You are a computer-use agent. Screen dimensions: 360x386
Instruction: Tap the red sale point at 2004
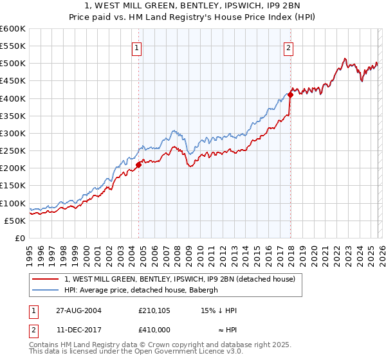tap(138, 165)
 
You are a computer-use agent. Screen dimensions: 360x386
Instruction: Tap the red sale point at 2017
tap(290, 94)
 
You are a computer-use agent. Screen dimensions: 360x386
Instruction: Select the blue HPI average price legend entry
tap(142, 290)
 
